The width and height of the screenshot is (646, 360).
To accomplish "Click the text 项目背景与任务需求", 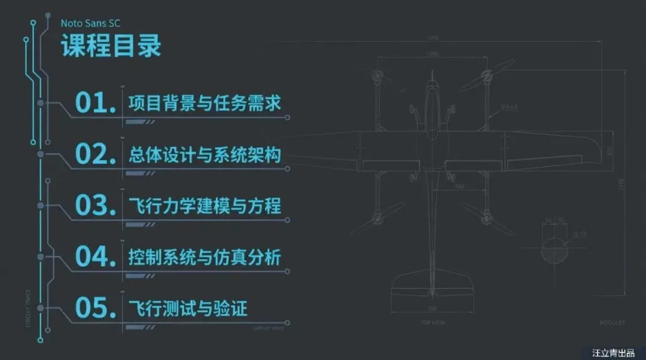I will [x=205, y=103].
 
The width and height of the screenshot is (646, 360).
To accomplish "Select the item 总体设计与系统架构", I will [x=205, y=154].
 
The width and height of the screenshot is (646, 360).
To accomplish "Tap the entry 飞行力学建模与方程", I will [x=205, y=206].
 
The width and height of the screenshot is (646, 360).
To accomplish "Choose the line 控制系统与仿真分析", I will [x=205, y=257].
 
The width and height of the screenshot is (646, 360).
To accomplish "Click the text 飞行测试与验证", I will [x=188, y=309].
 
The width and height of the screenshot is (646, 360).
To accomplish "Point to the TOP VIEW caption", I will [x=432, y=323].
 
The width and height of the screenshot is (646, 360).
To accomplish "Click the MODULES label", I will [x=612, y=323].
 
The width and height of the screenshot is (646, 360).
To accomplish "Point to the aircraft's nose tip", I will [x=432, y=74].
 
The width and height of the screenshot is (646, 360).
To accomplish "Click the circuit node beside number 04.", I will [x=41, y=257].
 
